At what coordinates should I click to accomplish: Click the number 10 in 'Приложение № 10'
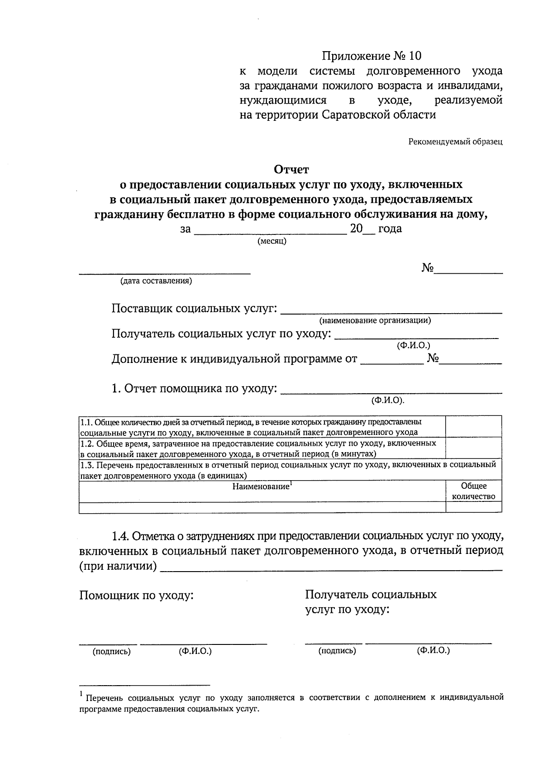point(414,56)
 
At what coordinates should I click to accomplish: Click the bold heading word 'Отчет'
point(291,170)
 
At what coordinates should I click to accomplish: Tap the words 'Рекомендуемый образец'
point(456,142)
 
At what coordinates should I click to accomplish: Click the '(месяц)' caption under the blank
point(271,241)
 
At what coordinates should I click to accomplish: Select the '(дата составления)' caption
point(156,281)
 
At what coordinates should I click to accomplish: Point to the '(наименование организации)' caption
point(375,321)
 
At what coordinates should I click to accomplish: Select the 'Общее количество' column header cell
point(474,491)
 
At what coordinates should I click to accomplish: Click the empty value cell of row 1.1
point(474,426)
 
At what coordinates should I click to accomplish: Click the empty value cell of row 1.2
point(474,448)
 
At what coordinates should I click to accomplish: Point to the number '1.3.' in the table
point(87,465)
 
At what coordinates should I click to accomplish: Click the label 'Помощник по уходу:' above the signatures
point(136,595)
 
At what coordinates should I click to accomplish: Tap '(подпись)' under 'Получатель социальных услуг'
point(337,651)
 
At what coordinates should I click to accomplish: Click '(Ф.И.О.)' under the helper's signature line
point(195,651)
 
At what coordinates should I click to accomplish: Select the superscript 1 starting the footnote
point(81,694)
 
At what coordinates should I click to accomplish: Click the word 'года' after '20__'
point(390,229)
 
